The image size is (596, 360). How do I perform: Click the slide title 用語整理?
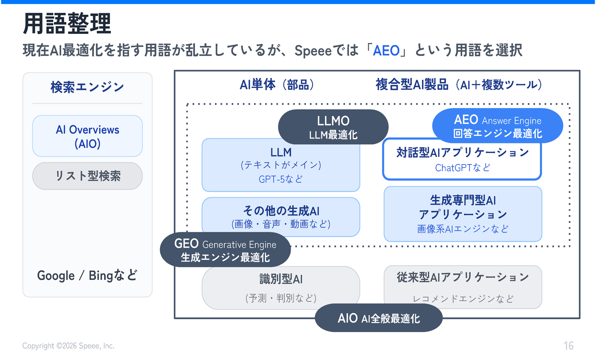(67, 24)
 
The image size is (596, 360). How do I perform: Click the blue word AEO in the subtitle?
(386, 50)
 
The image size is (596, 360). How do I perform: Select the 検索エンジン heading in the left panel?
(87, 87)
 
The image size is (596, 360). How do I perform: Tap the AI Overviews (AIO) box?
(87, 136)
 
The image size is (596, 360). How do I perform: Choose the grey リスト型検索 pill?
(87, 176)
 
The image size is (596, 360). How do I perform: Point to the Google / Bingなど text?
(87, 276)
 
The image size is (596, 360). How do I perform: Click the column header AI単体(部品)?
(277, 84)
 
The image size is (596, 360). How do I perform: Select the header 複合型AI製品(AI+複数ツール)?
(459, 84)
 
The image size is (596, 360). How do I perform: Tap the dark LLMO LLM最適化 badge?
(333, 127)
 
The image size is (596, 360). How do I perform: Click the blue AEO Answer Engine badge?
(497, 126)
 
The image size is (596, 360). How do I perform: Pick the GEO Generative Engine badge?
(225, 250)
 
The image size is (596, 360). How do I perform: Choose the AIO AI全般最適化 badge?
(378, 318)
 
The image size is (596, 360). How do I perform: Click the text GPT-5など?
(281, 179)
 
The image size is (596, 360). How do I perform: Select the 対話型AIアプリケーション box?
(462, 159)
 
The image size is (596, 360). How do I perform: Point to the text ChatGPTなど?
(462, 168)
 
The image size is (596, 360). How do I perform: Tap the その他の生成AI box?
(281, 216)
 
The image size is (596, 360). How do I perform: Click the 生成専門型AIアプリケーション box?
(463, 214)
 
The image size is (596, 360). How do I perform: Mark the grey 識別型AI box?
(281, 288)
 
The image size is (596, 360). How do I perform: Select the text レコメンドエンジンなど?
(463, 299)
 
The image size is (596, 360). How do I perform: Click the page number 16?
(568, 346)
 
